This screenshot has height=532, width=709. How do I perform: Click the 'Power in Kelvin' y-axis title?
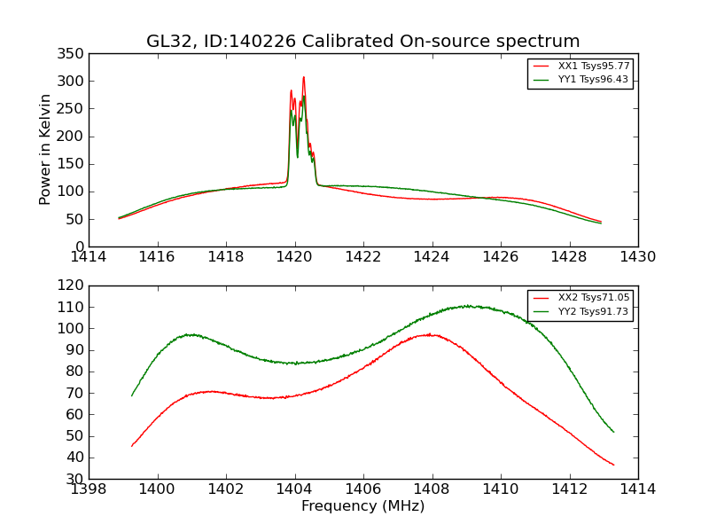(x=45, y=149)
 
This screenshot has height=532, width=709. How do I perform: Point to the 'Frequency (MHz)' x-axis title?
(x=363, y=506)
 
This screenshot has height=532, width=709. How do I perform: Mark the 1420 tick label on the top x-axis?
(x=294, y=257)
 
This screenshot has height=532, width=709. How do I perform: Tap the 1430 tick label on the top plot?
(x=637, y=257)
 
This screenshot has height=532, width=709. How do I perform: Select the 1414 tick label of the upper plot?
(x=90, y=257)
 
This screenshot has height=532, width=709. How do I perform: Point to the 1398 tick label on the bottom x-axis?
(x=90, y=489)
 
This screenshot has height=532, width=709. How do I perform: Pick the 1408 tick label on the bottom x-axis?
(x=432, y=489)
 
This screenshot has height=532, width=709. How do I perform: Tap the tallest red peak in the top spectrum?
(x=303, y=77)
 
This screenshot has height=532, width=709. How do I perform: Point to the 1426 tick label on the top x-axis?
(x=500, y=257)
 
